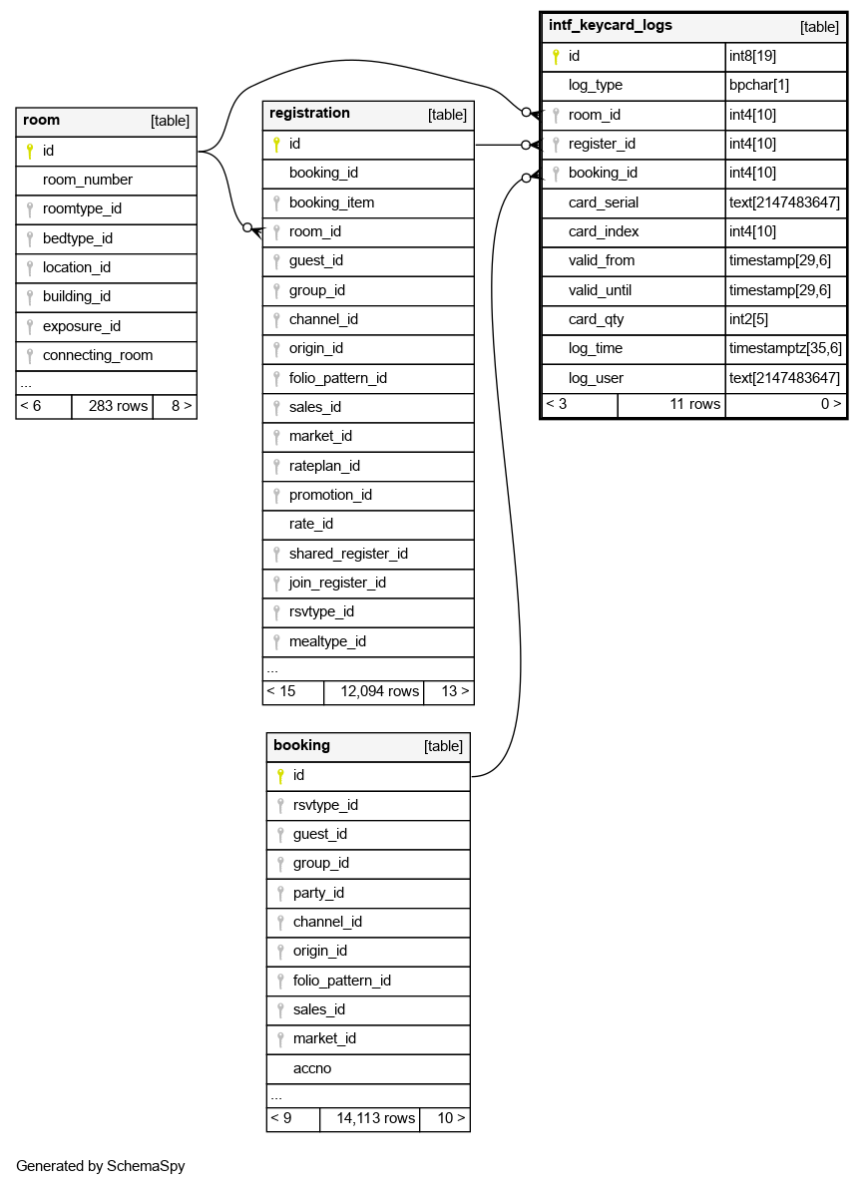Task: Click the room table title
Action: pyautogui.click(x=42, y=121)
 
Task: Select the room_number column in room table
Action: pyautogui.click(x=88, y=181)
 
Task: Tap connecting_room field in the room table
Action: pyautogui.click(x=98, y=356)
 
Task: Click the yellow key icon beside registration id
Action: pyautogui.click(x=276, y=145)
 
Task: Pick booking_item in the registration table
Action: pyautogui.click(x=331, y=202)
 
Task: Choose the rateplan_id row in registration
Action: pyautogui.click(x=324, y=466)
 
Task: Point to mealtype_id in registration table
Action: pyautogui.click(x=327, y=641)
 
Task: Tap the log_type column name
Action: pyautogui.click(x=596, y=86)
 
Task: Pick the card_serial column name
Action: pyautogui.click(x=604, y=202)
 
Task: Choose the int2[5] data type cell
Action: pyautogui.click(x=749, y=319)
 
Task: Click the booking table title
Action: pyautogui.click(x=301, y=746)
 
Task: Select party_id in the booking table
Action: pyautogui.click(x=318, y=893)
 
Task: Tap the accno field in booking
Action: pyautogui.click(x=312, y=1068)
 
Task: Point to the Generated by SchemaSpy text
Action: pyautogui.click(x=101, y=1165)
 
